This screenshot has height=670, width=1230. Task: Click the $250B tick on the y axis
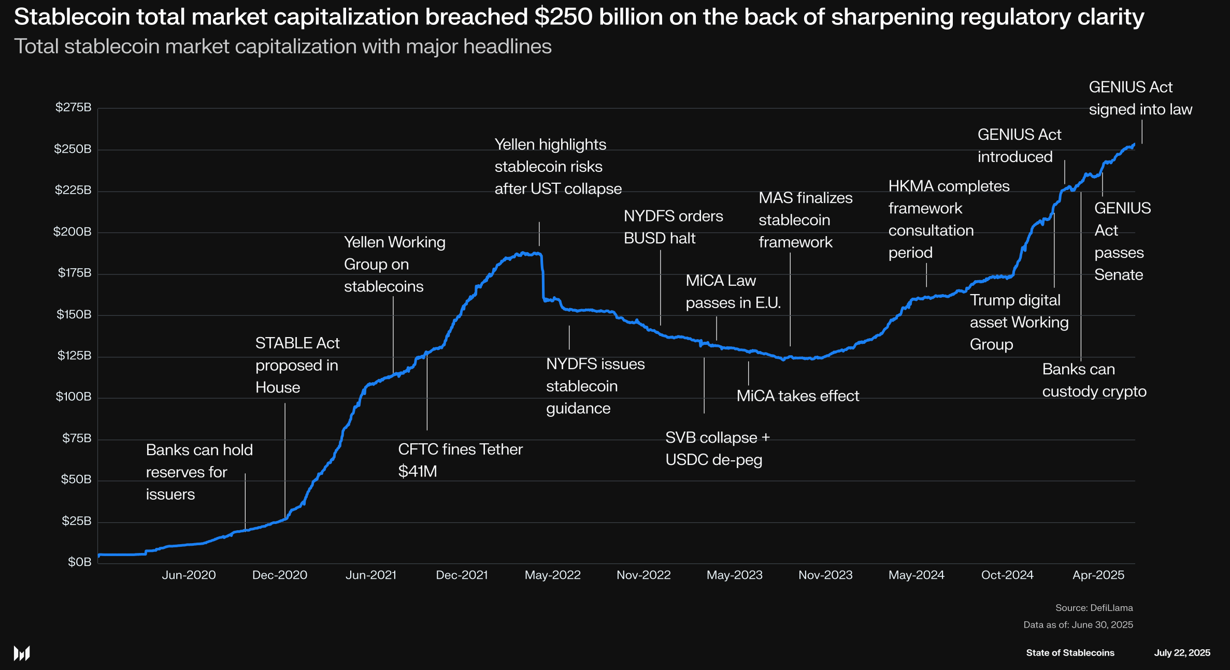(73, 149)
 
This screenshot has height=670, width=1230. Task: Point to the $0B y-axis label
(79, 562)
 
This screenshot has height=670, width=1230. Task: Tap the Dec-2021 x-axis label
(462, 575)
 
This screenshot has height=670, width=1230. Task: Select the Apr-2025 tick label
(1098, 575)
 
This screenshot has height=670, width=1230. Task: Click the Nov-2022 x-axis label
(643, 575)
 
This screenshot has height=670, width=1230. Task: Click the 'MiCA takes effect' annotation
(797, 396)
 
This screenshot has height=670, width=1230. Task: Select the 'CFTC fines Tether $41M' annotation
(460, 460)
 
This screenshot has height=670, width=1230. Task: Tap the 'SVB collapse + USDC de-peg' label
(718, 448)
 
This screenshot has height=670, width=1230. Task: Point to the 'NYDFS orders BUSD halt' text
(673, 227)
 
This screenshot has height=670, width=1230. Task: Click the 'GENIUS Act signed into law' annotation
(1140, 98)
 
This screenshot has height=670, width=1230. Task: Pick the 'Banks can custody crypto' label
(1094, 380)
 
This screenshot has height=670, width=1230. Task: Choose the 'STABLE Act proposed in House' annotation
(297, 365)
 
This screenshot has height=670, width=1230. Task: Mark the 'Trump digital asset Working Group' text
(1019, 322)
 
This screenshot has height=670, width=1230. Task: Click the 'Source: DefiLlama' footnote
(1094, 608)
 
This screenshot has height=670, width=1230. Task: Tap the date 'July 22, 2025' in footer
(1182, 652)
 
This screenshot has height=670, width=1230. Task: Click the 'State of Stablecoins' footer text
(1070, 652)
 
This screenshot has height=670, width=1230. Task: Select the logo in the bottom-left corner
(22, 653)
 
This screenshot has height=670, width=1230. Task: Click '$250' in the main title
(563, 17)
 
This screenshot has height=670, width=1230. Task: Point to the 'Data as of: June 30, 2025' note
(1078, 624)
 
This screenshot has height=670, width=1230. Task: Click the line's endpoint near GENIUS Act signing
(1134, 144)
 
